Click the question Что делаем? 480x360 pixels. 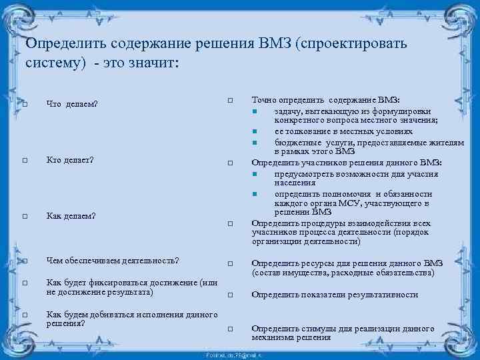pos(72,104)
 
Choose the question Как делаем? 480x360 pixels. pos(71,215)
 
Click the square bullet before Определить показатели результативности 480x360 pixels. pos(229,295)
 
